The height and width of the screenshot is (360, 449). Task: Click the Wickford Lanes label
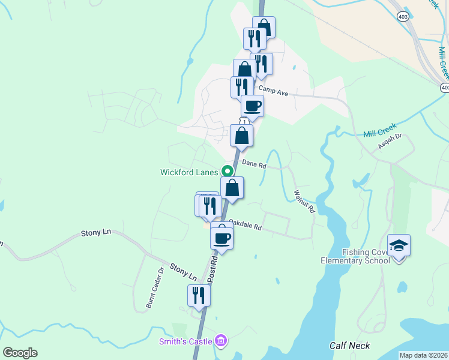click(x=188, y=172)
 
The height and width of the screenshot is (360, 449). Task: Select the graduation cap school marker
click(x=399, y=245)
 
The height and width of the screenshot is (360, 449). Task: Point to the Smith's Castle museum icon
click(x=221, y=341)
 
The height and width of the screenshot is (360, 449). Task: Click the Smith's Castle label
click(x=185, y=341)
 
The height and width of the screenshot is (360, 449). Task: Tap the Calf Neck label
click(x=349, y=346)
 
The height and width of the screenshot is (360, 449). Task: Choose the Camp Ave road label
click(x=274, y=90)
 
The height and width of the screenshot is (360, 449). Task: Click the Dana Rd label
click(x=254, y=163)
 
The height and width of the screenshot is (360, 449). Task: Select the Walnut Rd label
click(x=304, y=202)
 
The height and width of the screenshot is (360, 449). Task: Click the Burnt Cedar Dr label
click(x=154, y=289)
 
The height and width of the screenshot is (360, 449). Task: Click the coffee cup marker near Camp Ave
click(x=252, y=106)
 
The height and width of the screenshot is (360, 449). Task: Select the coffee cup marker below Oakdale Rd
click(x=221, y=238)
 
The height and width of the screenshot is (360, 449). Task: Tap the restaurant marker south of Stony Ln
click(x=199, y=295)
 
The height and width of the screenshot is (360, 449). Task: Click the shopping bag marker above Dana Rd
click(x=241, y=135)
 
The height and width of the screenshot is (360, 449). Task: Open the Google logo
click(x=20, y=353)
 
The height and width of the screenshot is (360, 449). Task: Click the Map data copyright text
click(x=423, y=355)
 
